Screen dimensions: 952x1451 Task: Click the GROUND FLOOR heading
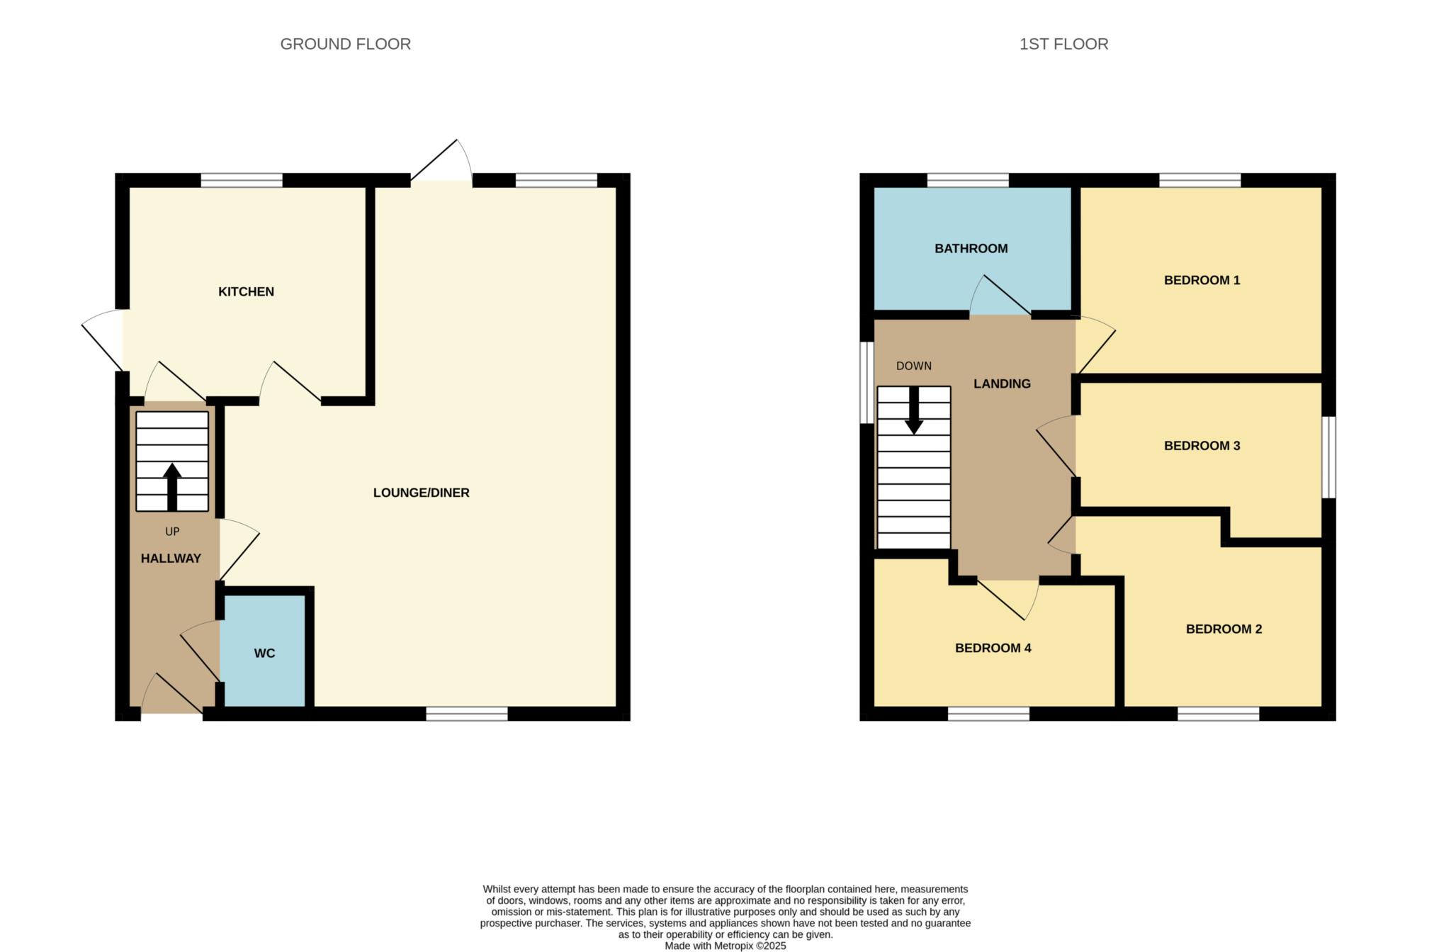coord(345,44)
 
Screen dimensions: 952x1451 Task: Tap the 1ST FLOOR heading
coord(1063,44)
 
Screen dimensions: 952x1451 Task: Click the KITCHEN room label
coord(246,291)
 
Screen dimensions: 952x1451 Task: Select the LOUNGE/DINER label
coord(421,493)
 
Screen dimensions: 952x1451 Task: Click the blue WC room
coord(264,652)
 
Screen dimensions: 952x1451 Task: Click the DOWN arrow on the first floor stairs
coord(914,411)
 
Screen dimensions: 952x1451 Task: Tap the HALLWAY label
coord(171,559)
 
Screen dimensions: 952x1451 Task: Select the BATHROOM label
coord(971,249)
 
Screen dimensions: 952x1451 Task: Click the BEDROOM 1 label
coord(1202,280)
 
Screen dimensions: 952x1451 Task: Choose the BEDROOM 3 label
coord(1202,446)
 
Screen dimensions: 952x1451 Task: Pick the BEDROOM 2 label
coord(1224,629)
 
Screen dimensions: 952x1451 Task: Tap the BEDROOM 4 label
coord(993,648)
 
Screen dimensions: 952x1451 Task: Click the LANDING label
coord(1002,383)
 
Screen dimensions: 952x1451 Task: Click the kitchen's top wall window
coord(242,180)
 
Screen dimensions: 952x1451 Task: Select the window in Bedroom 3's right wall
coord(1330,457)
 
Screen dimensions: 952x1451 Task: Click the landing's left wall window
coord(866,383)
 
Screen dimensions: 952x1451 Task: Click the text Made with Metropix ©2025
coord(725,946)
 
